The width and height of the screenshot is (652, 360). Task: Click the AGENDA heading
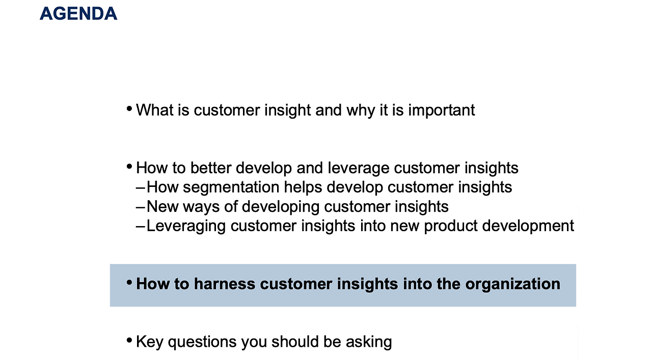(x=78, y=14)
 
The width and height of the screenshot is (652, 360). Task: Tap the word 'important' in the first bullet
(x=441, y=110)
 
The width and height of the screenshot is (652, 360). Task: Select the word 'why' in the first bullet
(x=361, y=110)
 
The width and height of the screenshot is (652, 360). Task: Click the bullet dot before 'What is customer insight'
(x=129, y=109)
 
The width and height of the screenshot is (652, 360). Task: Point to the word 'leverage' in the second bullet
(x=358, y=168)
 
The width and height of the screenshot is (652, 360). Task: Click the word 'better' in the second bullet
(x=210, y=168)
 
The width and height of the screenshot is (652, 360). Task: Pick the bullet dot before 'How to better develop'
(x=129, y=167)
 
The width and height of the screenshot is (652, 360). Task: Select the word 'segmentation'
(x=231, y=187)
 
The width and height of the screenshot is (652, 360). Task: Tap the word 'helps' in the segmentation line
(x=303, y=187)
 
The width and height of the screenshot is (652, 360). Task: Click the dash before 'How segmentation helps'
(x=140, y=188)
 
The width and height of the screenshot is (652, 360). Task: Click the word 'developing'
(x=281, y=207)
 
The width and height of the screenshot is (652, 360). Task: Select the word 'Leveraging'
(x=186, y=226)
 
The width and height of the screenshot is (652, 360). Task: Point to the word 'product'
(x=451, y=226)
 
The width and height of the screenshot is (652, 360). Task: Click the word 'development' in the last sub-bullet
(x=528, y=226)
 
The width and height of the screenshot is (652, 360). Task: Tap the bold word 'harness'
(x=225, y=284)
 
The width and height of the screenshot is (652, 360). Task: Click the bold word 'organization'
(x=512, y=284)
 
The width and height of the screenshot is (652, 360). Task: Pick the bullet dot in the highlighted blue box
(x=129, y=283)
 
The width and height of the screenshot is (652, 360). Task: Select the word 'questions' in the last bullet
(x=202, y=342)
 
